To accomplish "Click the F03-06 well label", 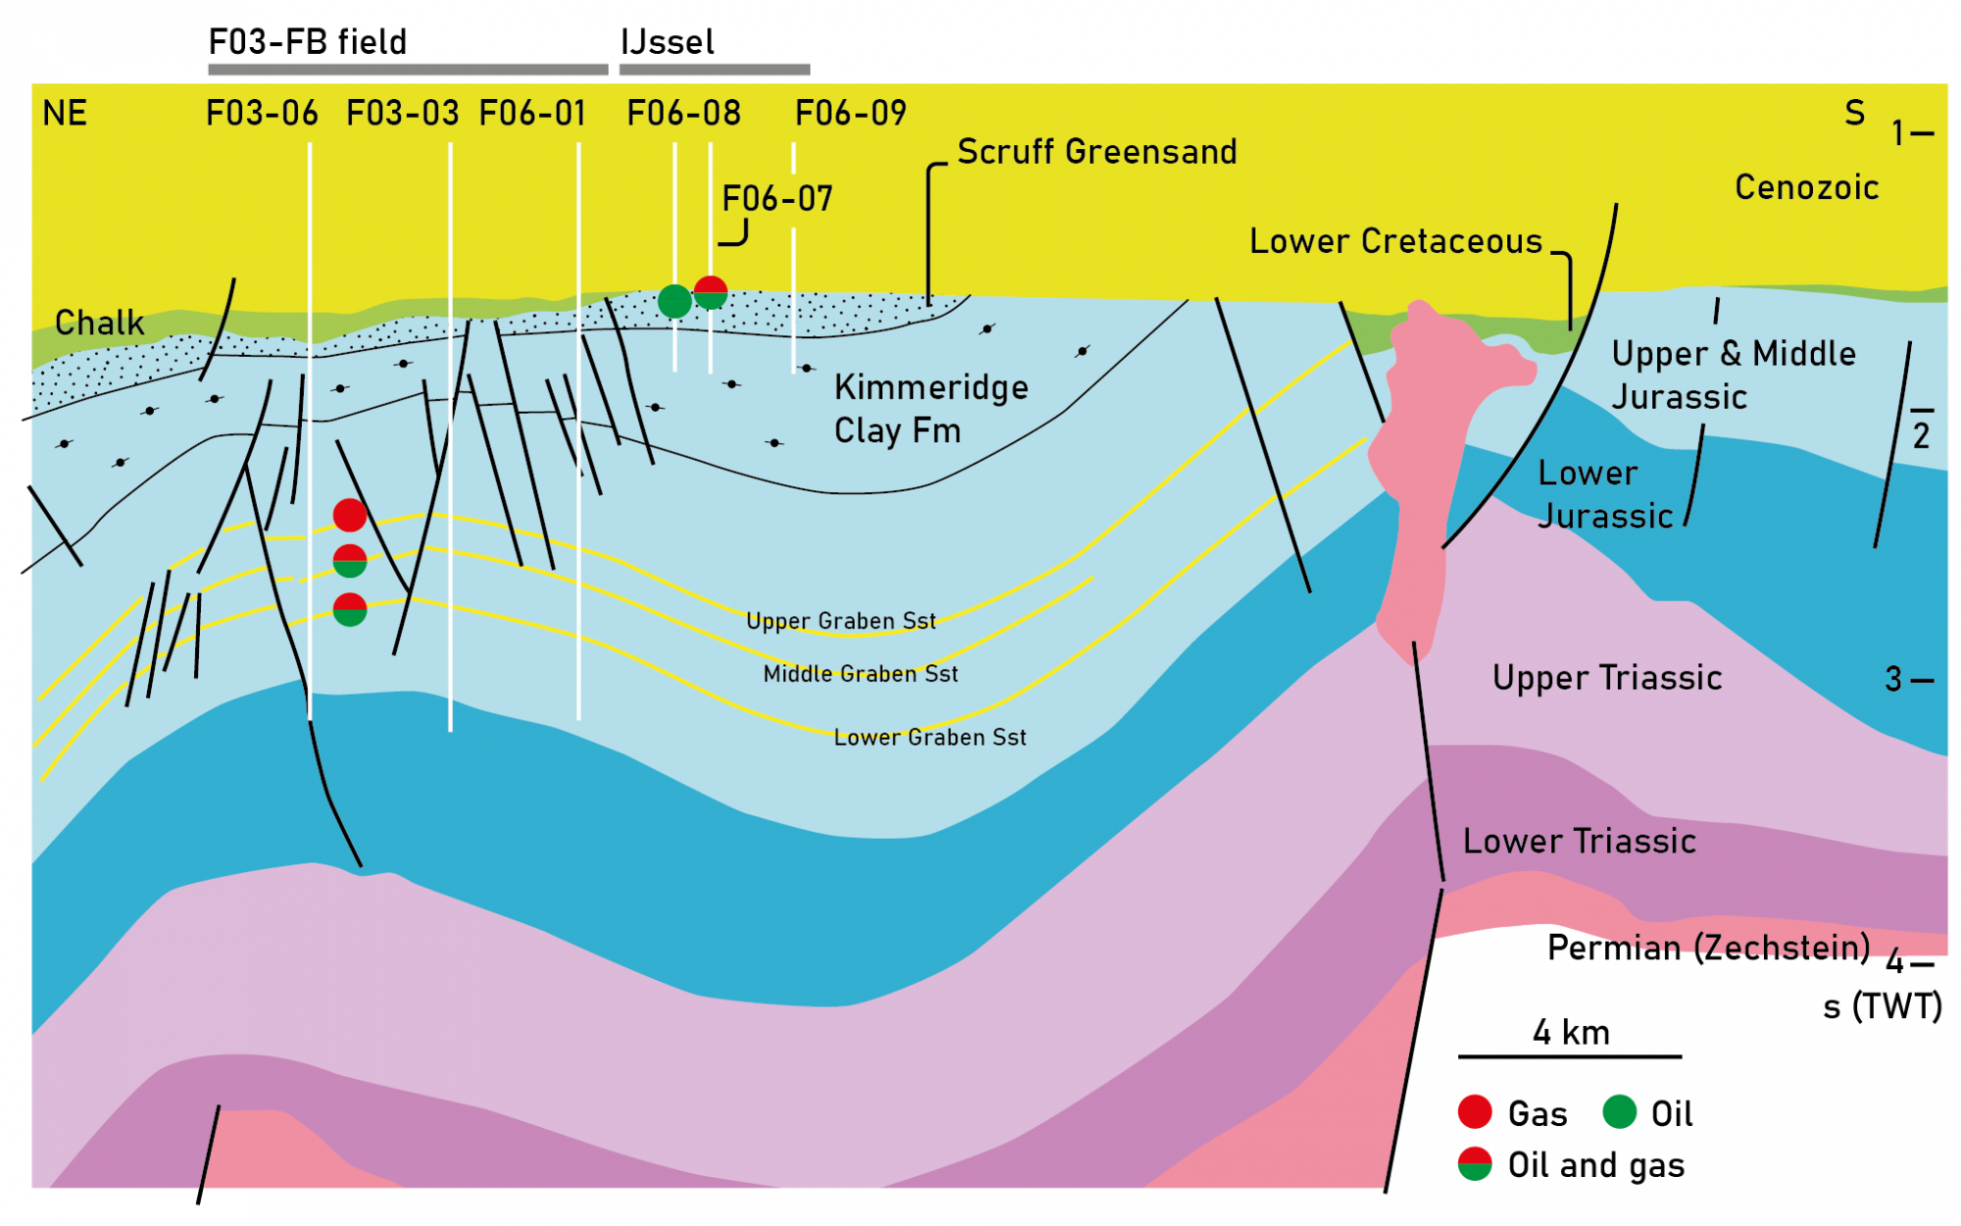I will (262, 114).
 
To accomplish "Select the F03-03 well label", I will (403, 114).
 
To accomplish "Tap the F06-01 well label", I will (532, 114).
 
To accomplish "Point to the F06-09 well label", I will (851, 114).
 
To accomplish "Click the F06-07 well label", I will (778, 199).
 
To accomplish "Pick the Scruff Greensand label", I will (1096, 152).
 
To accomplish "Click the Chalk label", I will (99, 323).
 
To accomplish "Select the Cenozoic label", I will (1806, 187).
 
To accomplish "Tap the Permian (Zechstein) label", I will (1708, 947).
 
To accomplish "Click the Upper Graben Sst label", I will (840, 621).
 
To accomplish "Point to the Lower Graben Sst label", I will (930, 738).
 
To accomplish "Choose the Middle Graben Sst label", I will (860, 674).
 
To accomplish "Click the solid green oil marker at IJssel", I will (675, 301).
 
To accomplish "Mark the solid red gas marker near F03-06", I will (350, 515).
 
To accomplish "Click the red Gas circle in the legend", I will (1475, 1112).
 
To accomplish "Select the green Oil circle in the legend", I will (1619, 1112).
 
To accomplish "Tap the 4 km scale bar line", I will (1569, 1057).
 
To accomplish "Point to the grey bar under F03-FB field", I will (408, 70).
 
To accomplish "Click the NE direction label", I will (65, 114).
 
